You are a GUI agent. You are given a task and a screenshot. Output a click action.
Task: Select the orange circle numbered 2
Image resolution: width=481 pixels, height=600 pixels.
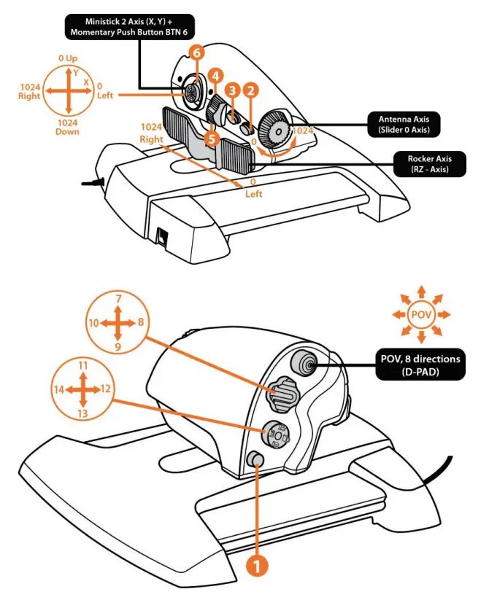[250, 91]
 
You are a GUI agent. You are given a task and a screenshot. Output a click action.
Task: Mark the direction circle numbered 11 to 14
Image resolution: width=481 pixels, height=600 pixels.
[84, 389]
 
